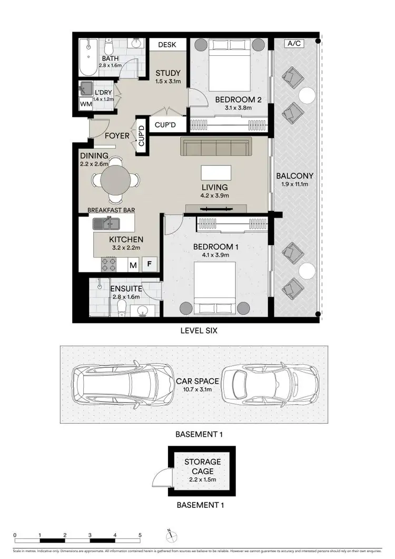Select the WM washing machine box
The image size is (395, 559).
pos(85,104)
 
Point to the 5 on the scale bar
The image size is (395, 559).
pos(140,534)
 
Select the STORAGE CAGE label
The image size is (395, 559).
pos(202,466)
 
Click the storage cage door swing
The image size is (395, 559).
pos(160,479)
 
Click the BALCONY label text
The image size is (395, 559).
pos(295,176)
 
